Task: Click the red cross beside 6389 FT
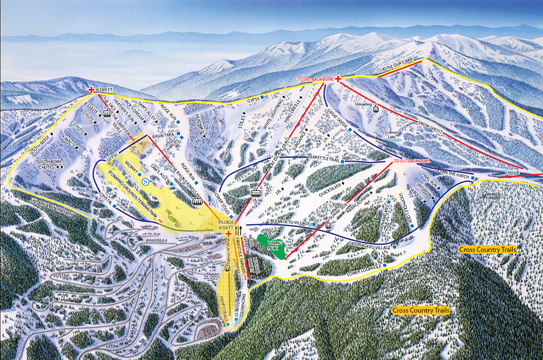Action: (91, 90)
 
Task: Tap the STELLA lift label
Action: (512, 172)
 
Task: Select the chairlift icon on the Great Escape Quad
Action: (255, 192)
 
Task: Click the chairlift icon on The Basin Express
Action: (197, 202)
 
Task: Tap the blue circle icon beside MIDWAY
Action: (145, 182)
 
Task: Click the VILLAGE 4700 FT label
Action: (225, 225)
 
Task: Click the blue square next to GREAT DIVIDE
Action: (350, 130)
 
